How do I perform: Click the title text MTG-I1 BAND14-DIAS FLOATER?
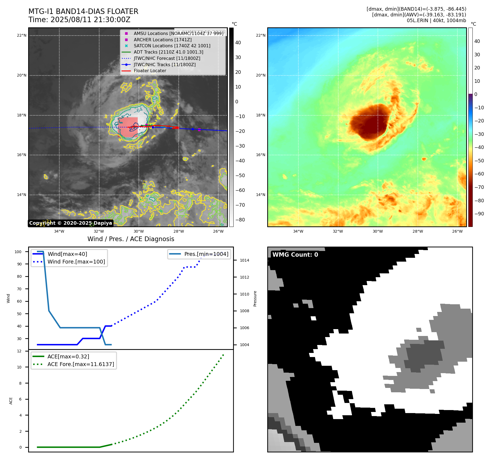pyautogui.click(x=83, y=11)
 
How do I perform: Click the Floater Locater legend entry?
pyautogui.click(x=150, y=71)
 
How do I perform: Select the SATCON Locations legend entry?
pyautogui.click(x=172, y=46)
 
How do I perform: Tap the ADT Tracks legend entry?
pyautogui.click(x=168, y=52)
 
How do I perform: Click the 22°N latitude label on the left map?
pyautogui.click(x=22, y=36)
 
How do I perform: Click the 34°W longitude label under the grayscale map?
pyautogui.click(x=59, y=231)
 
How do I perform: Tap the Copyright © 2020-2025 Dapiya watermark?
pyautogui.click(x=70, y=223)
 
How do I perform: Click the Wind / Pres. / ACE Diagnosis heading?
pyautogui.click(x=131, y=239)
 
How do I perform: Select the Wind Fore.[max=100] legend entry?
pyautogui.click(x=76, y=262)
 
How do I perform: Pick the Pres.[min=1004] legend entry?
pyautogui.click(x=206, y=254)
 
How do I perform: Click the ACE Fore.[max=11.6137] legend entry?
pyautogui.click(x=81, y=364)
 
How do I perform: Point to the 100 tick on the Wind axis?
pyautogui.click(x=18, y=252)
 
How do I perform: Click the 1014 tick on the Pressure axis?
pyautogui.click(x=244, y=260)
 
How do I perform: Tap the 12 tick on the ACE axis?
pyautogui.click(x=19, y=351)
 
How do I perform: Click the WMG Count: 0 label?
pyautogui.click(x=295, y=255)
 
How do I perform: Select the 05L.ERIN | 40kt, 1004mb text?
pyautogui.click(x=436, y=21)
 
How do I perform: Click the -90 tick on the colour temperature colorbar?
pyautogui.click(x=479, y=214)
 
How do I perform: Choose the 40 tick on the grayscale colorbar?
pyautogui.click(x=238, y=43)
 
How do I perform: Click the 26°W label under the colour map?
pyautogui.click(x=457, y=231)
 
